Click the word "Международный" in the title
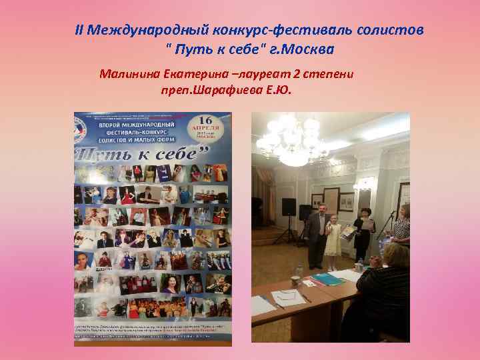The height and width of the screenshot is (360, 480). coord(147,30)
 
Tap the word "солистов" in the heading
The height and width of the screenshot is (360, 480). coord(393,30)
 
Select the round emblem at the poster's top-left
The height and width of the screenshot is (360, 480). coord(84,125)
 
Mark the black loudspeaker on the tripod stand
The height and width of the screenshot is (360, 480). coord(288,207)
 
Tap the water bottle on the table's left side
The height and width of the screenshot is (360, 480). coord(299,269)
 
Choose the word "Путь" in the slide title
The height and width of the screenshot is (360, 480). coord(200,49)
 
